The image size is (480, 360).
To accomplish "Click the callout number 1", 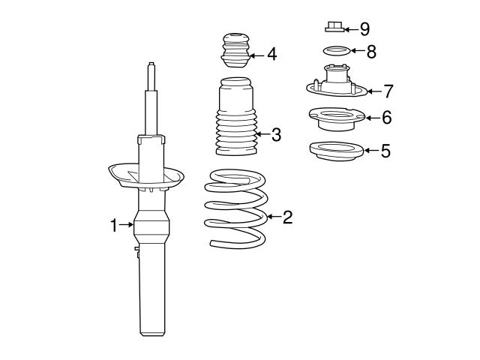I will point(114,224).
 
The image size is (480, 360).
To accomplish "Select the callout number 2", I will point(287,217).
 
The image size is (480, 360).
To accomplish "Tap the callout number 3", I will point(276,135).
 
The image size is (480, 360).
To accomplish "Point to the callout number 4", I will point(271,55).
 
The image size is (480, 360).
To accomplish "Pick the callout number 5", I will point(385,151).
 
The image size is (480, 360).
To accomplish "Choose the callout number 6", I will point(386,118).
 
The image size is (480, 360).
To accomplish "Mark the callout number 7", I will point(387,91).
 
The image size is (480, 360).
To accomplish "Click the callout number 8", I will point(370,52).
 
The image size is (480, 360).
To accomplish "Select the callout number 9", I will point(364,29).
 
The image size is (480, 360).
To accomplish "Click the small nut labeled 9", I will point(334,28).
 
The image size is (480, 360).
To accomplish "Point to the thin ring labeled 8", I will point(334,52).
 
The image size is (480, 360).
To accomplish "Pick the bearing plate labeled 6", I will point(335,118).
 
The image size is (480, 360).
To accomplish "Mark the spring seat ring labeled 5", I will point(336,150).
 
